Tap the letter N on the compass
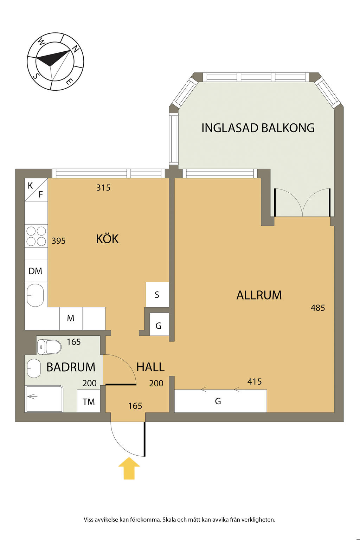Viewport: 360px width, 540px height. click(76, 49)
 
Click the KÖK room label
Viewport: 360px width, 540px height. click(107, 239)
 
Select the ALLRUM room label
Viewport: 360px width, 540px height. click(259, 295)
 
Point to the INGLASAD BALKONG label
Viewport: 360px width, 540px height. click(258, 128)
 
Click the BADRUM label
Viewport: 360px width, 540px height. click(71, 367)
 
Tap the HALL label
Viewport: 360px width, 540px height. click(150, 367)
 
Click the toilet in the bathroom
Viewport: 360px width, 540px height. click(50, 347)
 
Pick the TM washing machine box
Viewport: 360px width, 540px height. click(89, 401)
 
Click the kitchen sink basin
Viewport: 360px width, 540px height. click(35, 295)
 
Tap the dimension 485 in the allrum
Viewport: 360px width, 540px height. click(318, 308)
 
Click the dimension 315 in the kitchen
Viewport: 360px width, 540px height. click(103, 187)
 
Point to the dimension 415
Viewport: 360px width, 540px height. click(255, 381)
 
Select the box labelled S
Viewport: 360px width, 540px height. click(157, 295)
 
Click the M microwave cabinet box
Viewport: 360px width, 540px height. click(71, 319)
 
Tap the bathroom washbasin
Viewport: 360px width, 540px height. click(34, 368)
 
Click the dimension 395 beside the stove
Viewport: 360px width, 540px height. click(59, 240)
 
